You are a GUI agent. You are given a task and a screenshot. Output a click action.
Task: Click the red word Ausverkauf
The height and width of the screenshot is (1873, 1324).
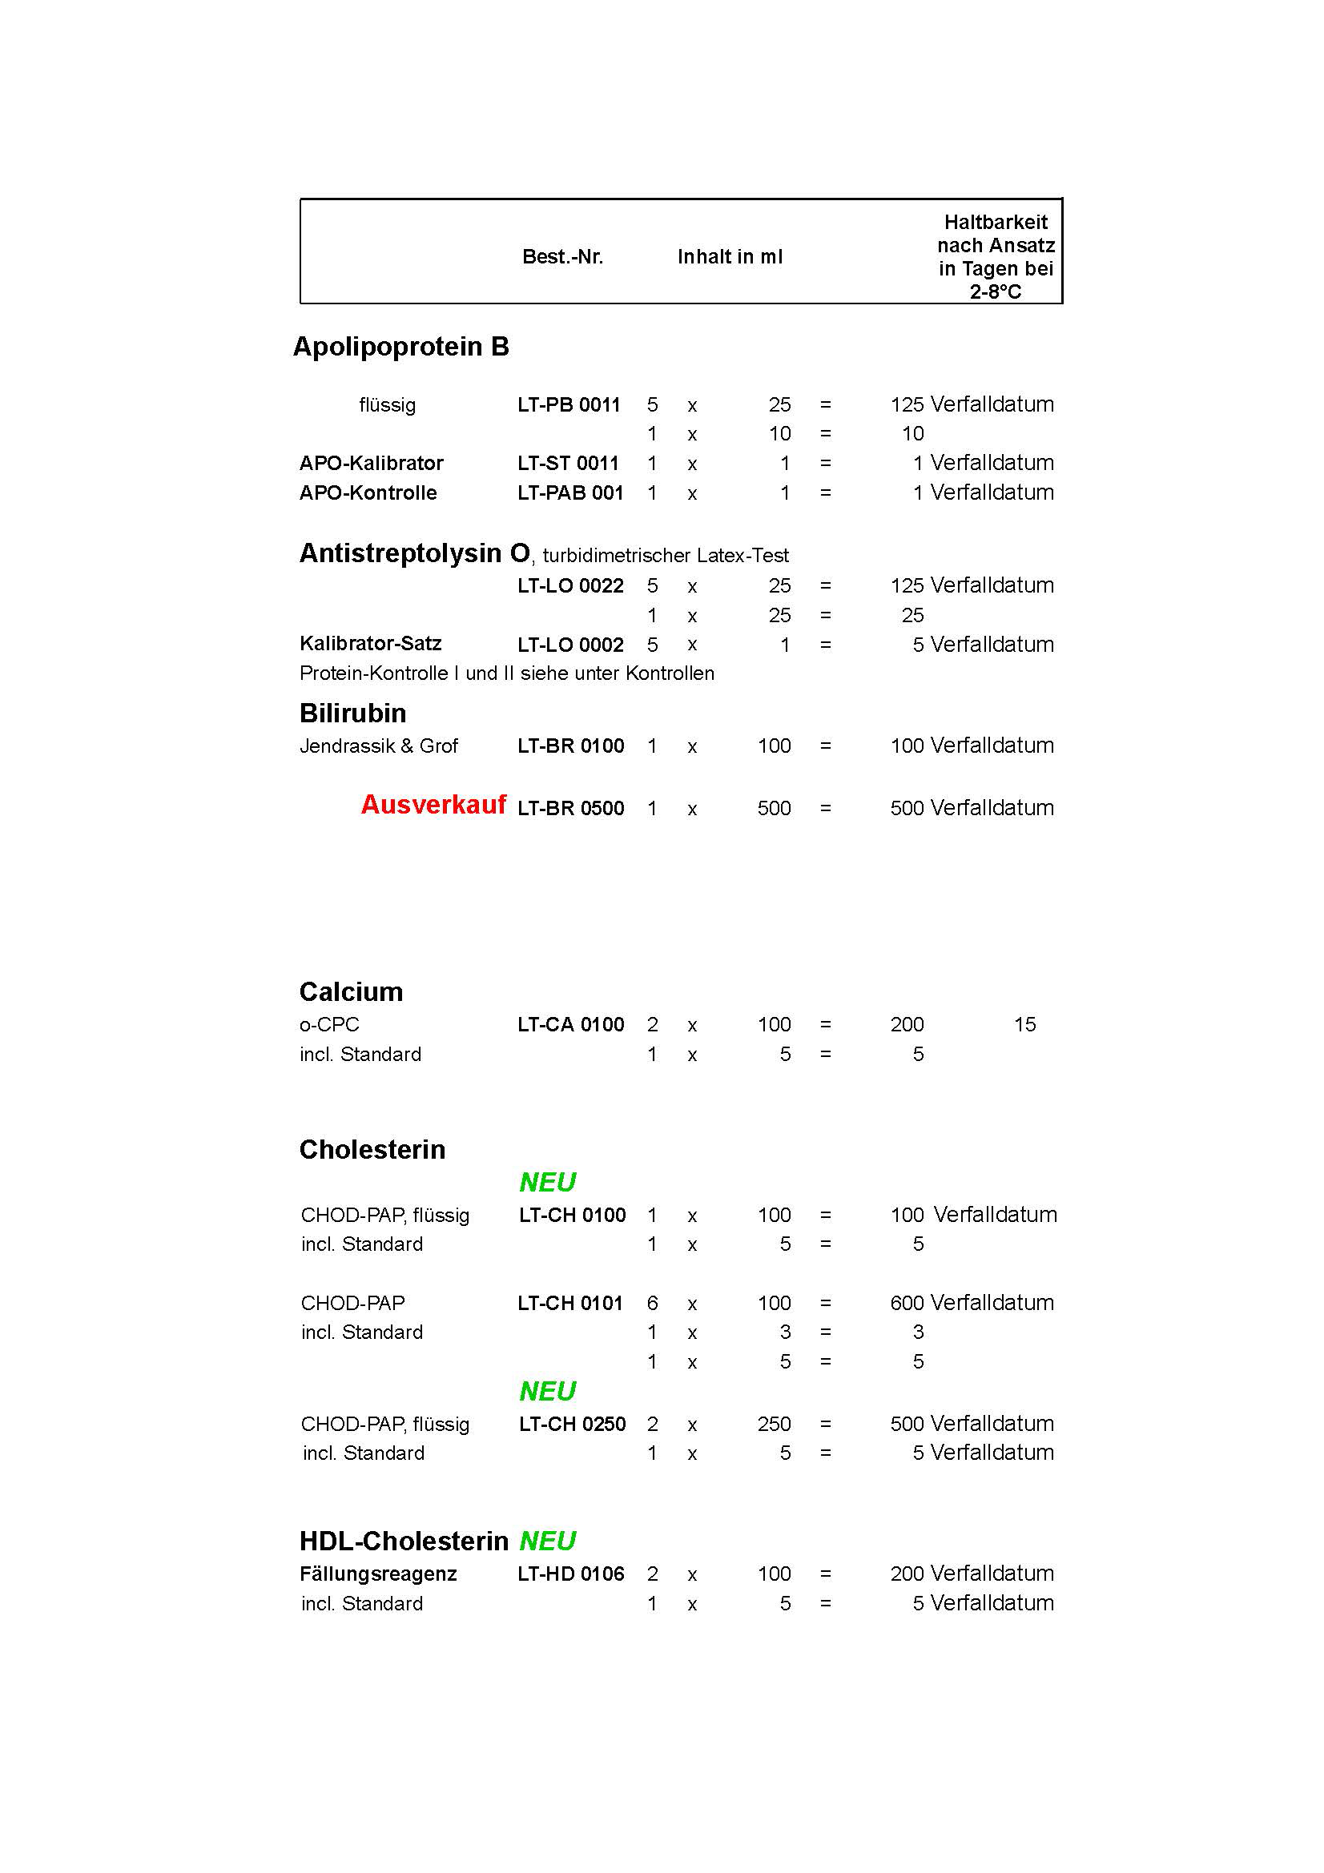433,805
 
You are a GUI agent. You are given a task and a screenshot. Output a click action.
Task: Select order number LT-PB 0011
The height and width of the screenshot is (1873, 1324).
569,404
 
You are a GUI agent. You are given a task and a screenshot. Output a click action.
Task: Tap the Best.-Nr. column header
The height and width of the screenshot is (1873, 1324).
562,257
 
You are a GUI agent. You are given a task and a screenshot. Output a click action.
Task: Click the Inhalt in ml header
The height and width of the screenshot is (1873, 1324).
730,257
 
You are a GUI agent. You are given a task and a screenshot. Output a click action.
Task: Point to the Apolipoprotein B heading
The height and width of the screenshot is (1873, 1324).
400,347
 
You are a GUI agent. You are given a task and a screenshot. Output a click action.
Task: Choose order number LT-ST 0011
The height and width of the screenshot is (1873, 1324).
568,464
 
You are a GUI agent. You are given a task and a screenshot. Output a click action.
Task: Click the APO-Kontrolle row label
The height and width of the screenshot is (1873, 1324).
368,492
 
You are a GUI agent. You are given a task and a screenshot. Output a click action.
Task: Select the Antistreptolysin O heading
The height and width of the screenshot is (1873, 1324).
414,553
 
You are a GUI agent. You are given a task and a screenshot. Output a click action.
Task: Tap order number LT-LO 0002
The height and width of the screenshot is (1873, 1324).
570,645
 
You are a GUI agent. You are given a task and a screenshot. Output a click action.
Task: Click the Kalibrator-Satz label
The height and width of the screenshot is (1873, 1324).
370,644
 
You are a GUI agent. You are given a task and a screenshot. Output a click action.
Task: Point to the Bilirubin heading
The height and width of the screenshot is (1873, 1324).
352,713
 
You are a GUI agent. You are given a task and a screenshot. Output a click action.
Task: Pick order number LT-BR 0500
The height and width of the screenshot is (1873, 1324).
570,809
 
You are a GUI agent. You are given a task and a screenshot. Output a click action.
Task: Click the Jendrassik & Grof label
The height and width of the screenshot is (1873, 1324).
379,746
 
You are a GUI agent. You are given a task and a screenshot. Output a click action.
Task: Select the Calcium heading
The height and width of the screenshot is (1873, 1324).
351,992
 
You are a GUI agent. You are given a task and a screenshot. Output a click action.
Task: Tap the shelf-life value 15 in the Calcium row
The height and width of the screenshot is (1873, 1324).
1024,1025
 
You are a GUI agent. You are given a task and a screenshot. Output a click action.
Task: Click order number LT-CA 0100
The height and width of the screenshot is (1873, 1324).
570,1025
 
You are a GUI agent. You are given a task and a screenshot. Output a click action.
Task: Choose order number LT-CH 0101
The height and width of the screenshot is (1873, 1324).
569,1304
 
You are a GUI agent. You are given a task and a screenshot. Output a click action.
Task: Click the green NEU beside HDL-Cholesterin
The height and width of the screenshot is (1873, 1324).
547,1541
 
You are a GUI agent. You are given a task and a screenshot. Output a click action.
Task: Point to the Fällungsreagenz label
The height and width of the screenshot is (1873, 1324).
378,1574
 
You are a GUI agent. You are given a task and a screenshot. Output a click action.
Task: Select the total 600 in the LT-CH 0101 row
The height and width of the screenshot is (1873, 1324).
907,1304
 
